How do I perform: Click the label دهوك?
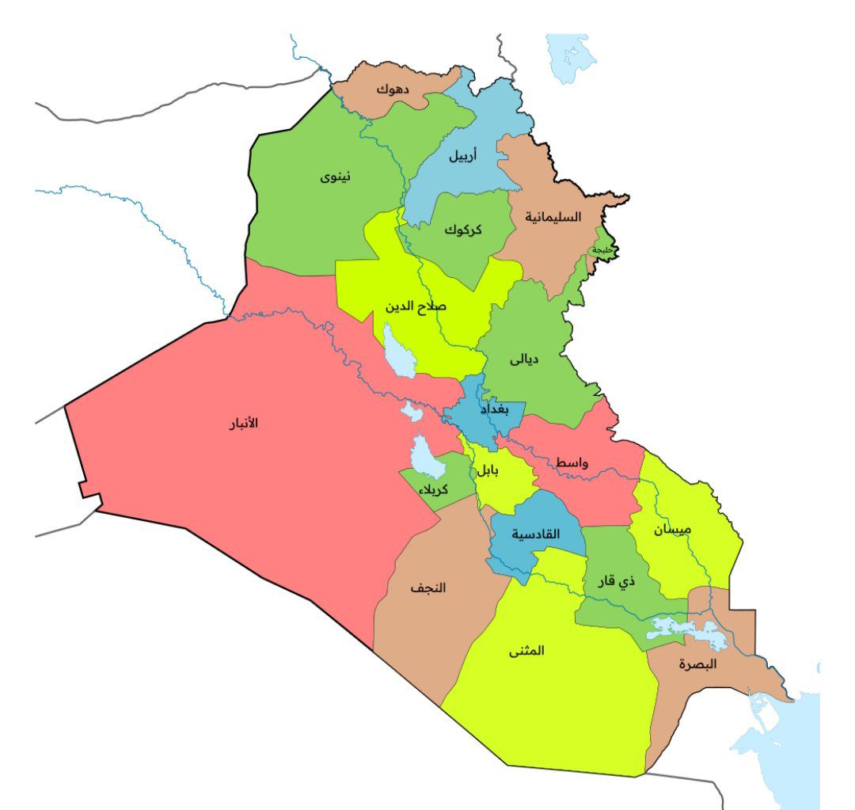tap(393, 89)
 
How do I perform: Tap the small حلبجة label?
tap(602, 250)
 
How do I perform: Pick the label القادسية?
tap(535, 534)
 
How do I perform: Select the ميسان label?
tap(673, 530)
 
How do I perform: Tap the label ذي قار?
tap(617, 582)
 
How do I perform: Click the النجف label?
tap(427, 588)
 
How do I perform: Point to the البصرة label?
tap(697, 665)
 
